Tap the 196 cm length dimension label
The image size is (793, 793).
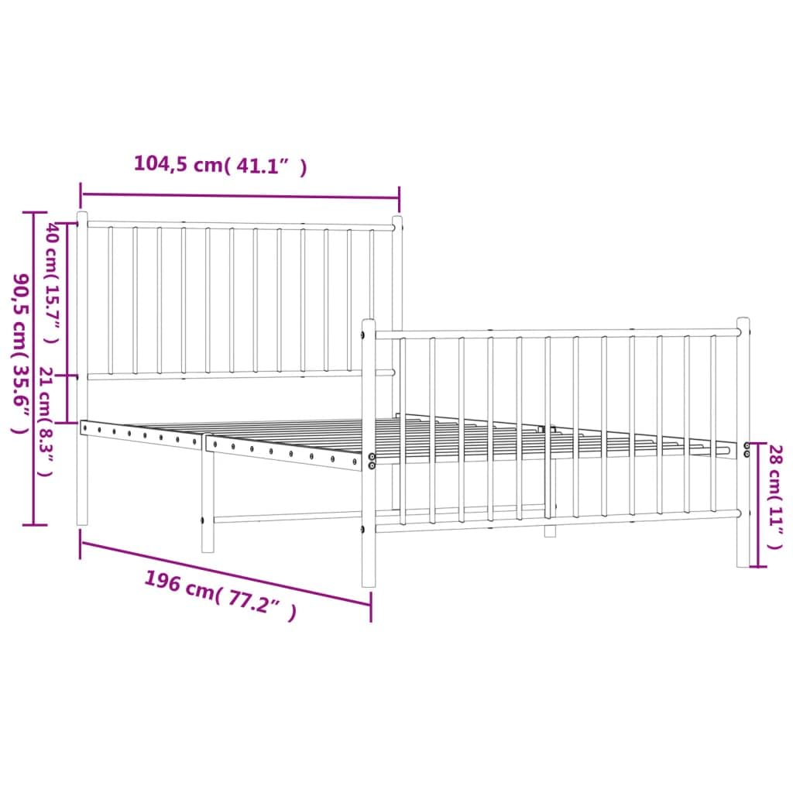tap(220, 596)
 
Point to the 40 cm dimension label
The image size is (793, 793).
tap(52, 282)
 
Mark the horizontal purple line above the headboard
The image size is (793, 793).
tap(240, 197)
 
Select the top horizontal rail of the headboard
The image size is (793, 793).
tap(240, 225)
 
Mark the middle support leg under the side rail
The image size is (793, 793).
tap(208, 503)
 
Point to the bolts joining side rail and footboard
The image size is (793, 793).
tap(371, 462)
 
